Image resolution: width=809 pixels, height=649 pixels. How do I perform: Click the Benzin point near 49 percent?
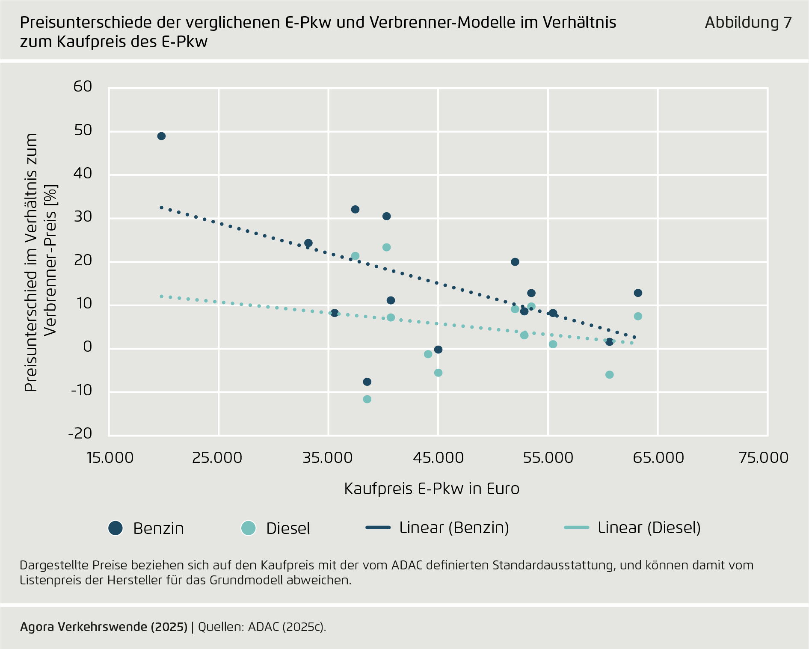tap(161, 136)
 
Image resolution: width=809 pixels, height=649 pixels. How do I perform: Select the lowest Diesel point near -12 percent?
tap(367, 399)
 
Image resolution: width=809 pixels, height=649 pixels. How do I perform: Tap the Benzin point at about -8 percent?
tap(367, 382)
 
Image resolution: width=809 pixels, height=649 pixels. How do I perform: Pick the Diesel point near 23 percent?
tap(386, 247)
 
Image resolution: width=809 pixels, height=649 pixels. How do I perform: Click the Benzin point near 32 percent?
tap(355, 209)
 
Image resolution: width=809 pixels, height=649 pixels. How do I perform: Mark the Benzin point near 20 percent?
tap(515, 262)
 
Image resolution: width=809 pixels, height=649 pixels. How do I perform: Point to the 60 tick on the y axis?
tap(83, 86)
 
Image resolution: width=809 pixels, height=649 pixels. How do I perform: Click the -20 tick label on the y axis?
tap(80, 433)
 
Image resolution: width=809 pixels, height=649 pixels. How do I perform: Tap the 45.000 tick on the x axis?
tap(438, 458)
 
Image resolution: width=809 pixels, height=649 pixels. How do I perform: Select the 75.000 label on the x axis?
tap(764, 458)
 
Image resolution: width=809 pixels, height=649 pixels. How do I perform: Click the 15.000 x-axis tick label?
tap(110, 458)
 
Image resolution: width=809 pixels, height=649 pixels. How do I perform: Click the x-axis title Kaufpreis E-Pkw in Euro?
tap(432, 489)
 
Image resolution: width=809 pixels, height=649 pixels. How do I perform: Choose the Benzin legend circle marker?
tap(116, 528)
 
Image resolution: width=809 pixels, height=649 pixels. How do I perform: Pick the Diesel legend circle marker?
tap(248, 528)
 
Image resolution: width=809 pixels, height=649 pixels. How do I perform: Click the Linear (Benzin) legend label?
tap(454, 528)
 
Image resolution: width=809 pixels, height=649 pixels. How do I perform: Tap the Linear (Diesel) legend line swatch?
tap(576, 527)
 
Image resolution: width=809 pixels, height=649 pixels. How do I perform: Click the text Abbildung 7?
tap(748, 22)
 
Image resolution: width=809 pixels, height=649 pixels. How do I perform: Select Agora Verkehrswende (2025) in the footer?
tap(104, 627)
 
